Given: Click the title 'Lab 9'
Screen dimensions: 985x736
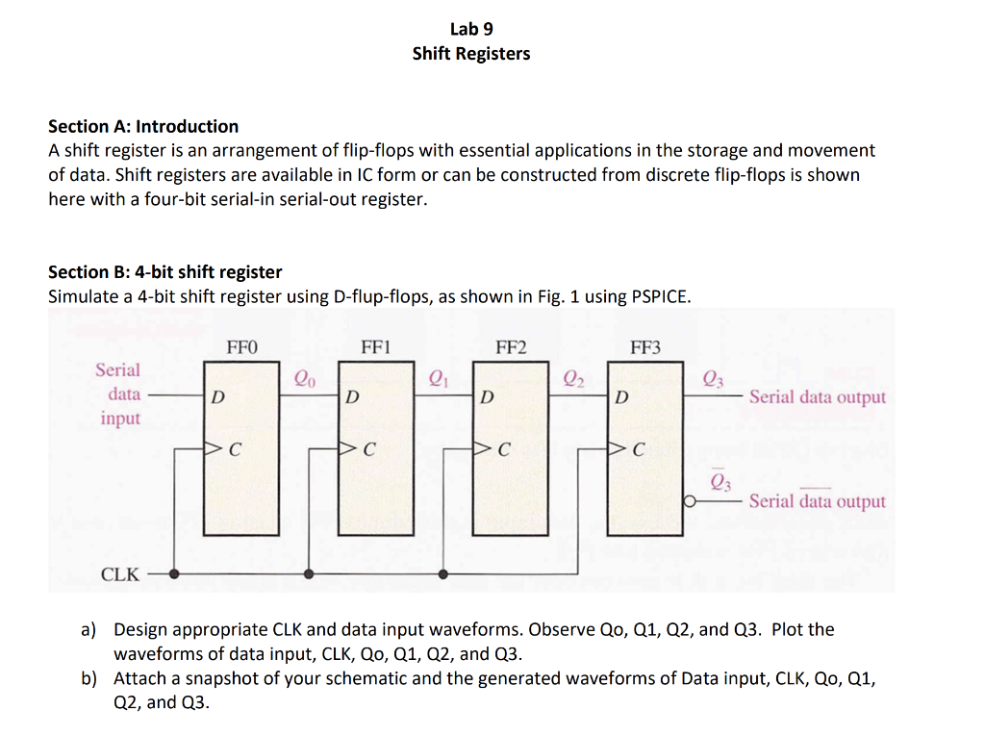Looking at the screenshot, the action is point(471,29).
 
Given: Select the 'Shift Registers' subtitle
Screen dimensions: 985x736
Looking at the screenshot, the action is point(471,54).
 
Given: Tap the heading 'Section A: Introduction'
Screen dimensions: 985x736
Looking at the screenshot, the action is point(143,126).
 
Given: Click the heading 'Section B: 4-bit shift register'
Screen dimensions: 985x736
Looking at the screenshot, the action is point(165,272).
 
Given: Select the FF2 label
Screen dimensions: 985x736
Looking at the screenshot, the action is point(511,346).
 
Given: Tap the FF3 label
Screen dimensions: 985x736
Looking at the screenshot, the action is point(645,346).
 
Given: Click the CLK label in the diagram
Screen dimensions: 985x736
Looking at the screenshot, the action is point(120,575).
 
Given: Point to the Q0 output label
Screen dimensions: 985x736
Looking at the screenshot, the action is point(304,378).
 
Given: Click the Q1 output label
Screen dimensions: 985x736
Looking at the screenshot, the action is point(439,378).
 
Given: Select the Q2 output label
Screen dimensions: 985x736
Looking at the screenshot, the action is point(573,378).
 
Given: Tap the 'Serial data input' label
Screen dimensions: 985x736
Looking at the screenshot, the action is point(118,393).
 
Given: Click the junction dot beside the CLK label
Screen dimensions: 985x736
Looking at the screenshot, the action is point(174,574).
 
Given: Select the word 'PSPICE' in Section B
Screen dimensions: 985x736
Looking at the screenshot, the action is point(659,296).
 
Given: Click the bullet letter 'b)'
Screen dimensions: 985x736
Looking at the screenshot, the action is point(88,678).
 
